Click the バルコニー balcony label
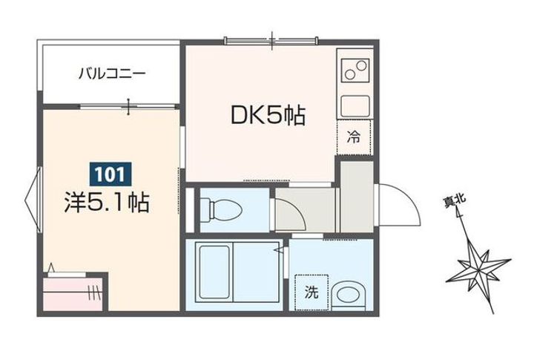click(113, 73)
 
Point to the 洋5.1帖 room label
click(107, 202)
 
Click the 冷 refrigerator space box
click(355, 137)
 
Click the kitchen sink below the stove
click(355, 105)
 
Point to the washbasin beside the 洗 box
click(346, 294)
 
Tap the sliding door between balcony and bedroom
click(130, 107)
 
